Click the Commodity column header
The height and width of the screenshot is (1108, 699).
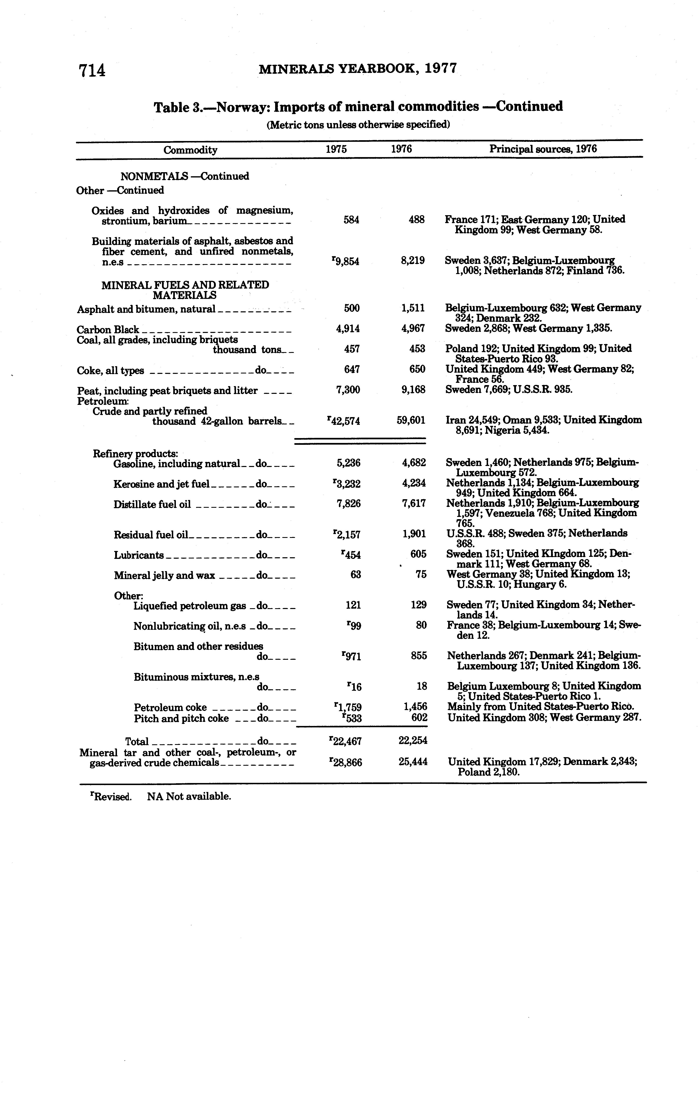191,150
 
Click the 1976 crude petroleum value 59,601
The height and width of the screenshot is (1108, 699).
411,420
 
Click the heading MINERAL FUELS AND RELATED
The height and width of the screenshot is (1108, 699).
185,285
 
